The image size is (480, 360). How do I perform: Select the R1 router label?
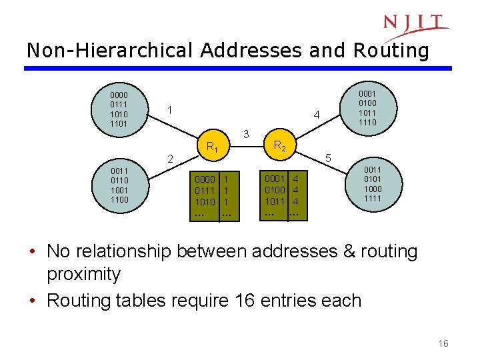click(x=212, y=147)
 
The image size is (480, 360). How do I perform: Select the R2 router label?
click(x=280, y=146)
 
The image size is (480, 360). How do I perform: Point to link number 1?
click(x=170, y=109)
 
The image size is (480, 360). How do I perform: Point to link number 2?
click(x=171, y=159)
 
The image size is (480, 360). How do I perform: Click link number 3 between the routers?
click(x=246, y=134)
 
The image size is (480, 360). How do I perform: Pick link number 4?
click(x=317, y=115)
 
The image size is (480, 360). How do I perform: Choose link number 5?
click(x=328, y=159)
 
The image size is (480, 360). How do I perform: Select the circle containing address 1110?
click(x=368, y=108)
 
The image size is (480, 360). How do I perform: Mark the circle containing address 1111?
click(x=373, y=183)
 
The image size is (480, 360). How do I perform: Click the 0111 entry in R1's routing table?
click(x=205, y=191)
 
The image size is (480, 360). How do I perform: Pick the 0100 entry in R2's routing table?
click(x=275, y=190)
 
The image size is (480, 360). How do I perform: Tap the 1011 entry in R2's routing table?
click(x=275, y=201)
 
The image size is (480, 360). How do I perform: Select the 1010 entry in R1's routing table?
click(x=205, y=202)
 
